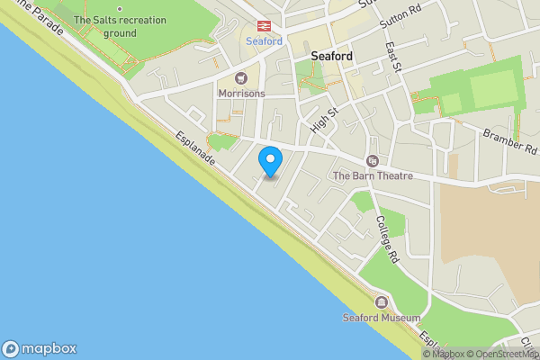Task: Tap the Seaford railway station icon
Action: [x=264, y=27]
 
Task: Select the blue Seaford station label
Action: [x=264, y=41]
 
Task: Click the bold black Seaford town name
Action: [x=331, y=56]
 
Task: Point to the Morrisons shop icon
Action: [x=242, y=77]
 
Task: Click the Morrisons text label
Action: [x=242, y=93]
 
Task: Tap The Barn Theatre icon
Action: [x=372, y=161]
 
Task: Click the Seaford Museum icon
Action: [x=382, y=302]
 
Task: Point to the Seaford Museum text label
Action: [x=382, y=318]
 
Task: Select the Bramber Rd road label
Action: [x=509, y=140]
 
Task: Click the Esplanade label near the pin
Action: [x=194, y=144]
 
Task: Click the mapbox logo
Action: [x=40, y=349]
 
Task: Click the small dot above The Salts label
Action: [x=120, y=8]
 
